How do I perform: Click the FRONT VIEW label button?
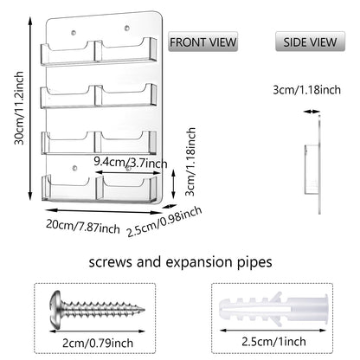pos(202,42)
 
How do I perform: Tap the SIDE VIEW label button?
pos(310,42)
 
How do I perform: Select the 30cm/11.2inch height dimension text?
pos(19,108)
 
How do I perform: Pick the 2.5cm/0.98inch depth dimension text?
pos(164,222)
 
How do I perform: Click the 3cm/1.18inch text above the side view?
pos(306,90)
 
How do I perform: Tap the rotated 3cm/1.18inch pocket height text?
pos(190,162)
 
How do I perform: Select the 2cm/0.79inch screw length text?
pos(98,343)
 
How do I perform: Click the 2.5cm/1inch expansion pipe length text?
pos(273,342)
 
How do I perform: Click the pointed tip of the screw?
pos(144,310)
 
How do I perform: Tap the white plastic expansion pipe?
pos(273,309)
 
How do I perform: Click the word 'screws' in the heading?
pos(110,262)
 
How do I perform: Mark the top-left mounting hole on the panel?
pos(74,33)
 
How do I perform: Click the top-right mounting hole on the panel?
pos(126,28)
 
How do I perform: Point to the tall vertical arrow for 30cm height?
pos(30,108)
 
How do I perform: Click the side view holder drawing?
pos(313,164)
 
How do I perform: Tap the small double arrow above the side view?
pos(312,112)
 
